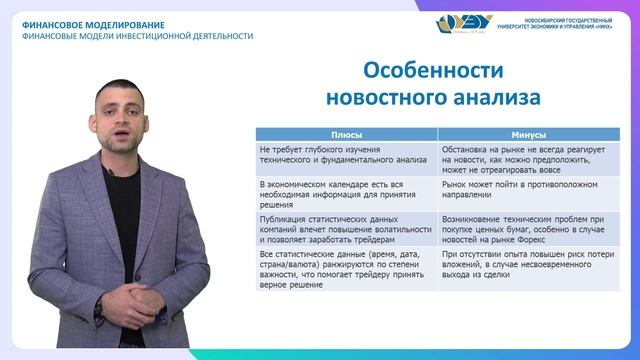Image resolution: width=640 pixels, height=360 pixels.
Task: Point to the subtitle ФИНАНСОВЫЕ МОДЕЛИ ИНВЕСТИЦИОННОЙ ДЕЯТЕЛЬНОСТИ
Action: (137, 36)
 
